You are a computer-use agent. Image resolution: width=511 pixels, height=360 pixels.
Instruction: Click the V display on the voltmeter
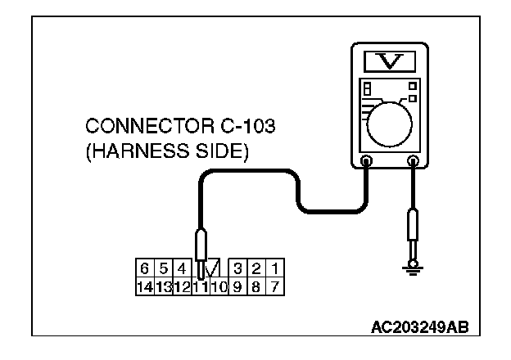point(389,60)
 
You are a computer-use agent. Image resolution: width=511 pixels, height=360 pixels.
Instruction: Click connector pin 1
point(275,267)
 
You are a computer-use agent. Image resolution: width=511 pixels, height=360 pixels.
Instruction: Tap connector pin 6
point(144,267)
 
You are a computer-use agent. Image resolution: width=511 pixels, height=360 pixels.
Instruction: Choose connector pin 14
point(144,286)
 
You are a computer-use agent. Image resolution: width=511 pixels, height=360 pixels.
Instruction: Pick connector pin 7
point(275,286)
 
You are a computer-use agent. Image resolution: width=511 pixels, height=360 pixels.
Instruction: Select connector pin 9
point(237,286)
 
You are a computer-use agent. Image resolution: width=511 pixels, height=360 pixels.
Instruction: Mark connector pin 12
point(181,286)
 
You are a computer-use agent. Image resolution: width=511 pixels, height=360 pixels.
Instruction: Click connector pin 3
point(237,267)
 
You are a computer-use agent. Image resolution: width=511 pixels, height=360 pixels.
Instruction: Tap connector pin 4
point(181,267)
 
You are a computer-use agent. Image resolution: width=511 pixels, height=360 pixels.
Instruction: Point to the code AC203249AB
point(420,327)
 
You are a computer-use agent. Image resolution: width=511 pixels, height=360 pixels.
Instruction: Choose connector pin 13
point(163,286)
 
